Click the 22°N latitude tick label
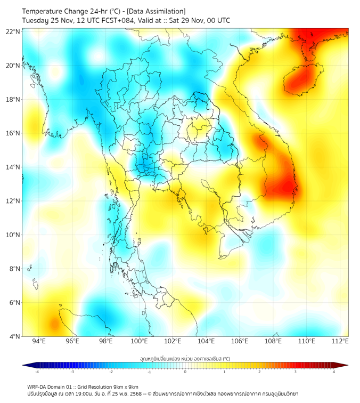[13, 31]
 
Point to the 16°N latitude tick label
[13, 133]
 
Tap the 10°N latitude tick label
[13, 235]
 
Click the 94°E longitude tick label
[39, 341]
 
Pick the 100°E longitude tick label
[139, 341]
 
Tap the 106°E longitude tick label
[240, 341]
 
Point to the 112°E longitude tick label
[340, 341]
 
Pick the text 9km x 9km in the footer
[125, 386]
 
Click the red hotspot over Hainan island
[299, 80]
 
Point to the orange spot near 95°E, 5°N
[54, 323]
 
